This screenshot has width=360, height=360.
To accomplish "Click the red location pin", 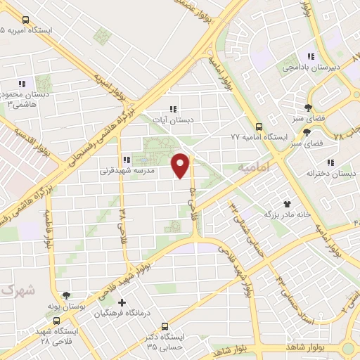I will pos(181,165).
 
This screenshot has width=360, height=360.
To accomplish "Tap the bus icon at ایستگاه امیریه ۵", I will pos(26,20).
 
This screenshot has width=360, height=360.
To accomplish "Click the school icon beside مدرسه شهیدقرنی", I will pos(126,160).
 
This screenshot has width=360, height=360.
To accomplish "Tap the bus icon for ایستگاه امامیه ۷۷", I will pos(259,127).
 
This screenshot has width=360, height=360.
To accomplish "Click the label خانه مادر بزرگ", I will pos(287,213).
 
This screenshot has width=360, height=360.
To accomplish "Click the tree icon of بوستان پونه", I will pos(67,297).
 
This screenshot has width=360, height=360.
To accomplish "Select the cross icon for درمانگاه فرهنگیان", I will pos(122,304).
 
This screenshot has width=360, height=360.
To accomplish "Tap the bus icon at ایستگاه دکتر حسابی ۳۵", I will pos(165,327).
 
